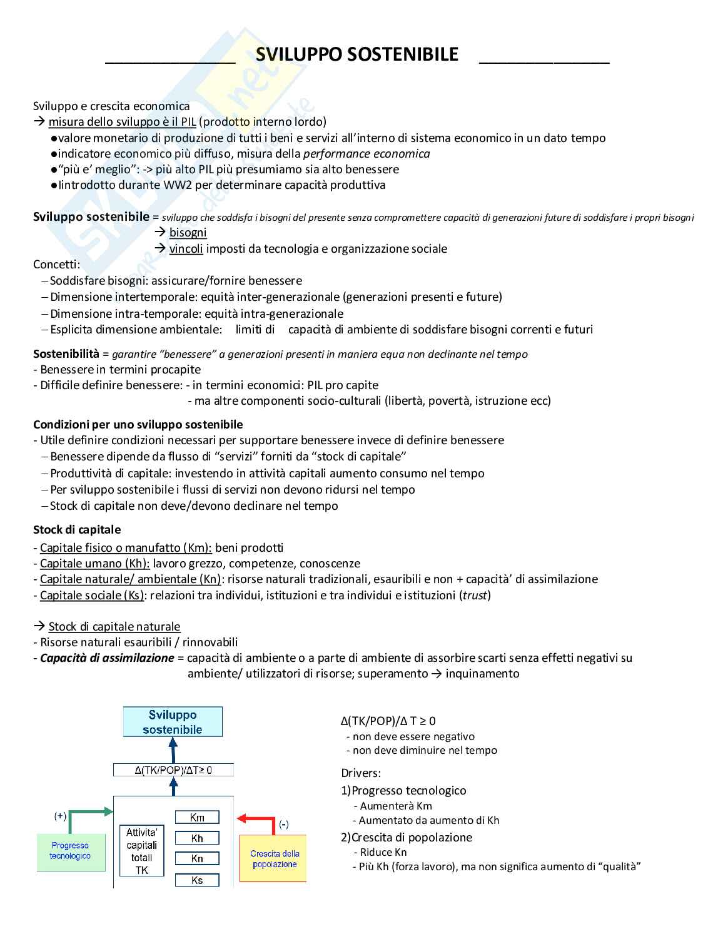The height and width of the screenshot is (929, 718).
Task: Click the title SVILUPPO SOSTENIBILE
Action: click(x=357, y=55)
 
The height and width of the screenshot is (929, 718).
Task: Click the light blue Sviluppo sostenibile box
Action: click(x=173, y=722)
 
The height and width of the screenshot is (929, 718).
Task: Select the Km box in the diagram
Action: click(x=197, y=817)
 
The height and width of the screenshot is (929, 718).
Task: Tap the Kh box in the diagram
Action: click(x=197, y=838)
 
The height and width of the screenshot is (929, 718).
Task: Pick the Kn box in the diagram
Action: click(x=197, y=859)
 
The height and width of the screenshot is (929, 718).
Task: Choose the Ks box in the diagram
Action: click(x=197, y=880)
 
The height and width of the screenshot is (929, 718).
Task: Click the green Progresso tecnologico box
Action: click(x=70, y=851)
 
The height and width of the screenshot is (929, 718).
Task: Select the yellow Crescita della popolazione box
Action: click(x=274, y=858)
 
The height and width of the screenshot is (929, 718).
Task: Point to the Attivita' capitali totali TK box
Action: click(x=142, y=851)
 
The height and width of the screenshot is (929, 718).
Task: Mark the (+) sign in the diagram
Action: click(x=60, y=816)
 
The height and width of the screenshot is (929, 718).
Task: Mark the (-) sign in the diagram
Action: click(x=284, y=825)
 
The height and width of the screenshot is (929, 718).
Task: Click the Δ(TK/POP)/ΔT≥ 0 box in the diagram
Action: click(x=173, y=770)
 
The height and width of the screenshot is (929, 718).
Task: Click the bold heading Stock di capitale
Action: click(x=77, y=530)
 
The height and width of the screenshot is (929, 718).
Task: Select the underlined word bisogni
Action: click(x=188, y=233)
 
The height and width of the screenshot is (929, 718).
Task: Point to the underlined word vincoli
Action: click(x=186, y=249)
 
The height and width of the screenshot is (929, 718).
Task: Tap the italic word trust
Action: click(x=475, y=596)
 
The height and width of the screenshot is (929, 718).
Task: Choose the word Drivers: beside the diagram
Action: click(x=361, y=773)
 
